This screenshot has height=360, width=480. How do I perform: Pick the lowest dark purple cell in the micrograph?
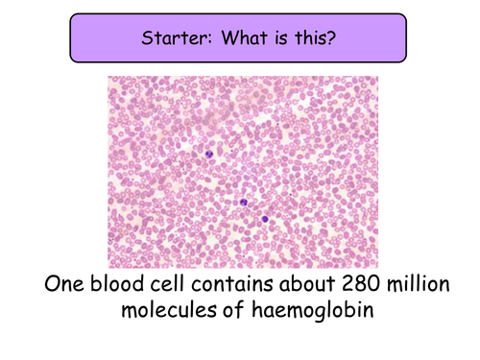pyautogui.click(x=264, y=218)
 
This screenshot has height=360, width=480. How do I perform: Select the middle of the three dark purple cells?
pyautogui.click(x=244, y=203)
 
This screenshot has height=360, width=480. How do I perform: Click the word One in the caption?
pyautogui.click(x=69, y=287)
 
